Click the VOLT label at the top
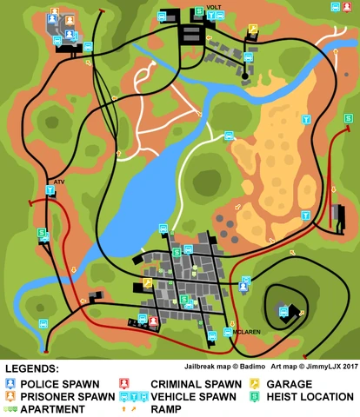tap(214, 8)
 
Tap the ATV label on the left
tap(59, 182)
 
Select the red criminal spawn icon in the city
tap(153, 321)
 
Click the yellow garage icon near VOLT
tap(253, 29)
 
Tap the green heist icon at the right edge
tap(349, 118)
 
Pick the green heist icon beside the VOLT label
tap(199, 11)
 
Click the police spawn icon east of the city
tap(244, 285)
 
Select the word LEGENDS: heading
tap(33, 369)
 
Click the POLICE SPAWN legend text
tap(60, 383)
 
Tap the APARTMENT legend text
tap(55, 408)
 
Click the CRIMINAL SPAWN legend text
tap(196, 383)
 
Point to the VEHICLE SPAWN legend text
tap(193, 396)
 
